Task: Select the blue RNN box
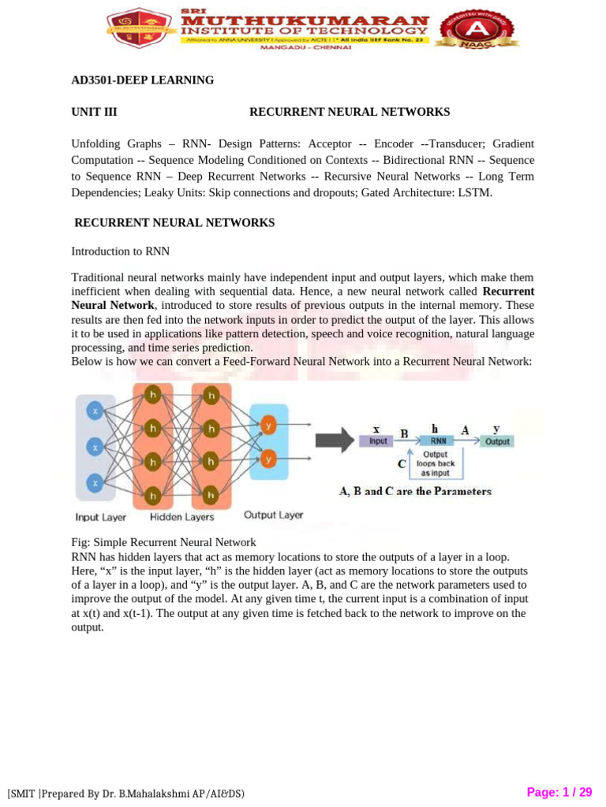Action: point(438,441)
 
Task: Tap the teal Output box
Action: point(497,441)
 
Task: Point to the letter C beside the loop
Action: point(402,464)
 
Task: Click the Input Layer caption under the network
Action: point(101,518)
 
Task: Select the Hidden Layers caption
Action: point(182,517)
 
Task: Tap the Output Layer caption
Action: point(273,515)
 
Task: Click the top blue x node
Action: point(95,411)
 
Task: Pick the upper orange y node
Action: point(269,426)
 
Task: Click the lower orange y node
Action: point(269,459)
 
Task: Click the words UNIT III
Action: point(94,112)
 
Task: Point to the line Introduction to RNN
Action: point(121,251)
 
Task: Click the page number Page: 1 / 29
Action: point(559,792)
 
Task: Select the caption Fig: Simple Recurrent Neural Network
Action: point(163,542)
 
